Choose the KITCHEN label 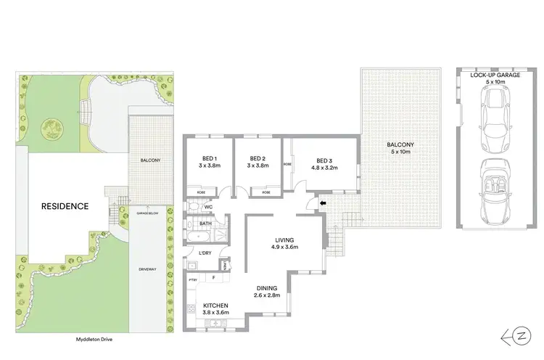click(215, 305)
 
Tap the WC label click(207, 207)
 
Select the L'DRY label click(205, 253)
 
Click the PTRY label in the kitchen click(193, 279)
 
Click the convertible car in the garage click(493, 192)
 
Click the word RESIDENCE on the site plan click(65, 206)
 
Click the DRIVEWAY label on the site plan click(148, 269)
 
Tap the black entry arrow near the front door click(323, 205)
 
